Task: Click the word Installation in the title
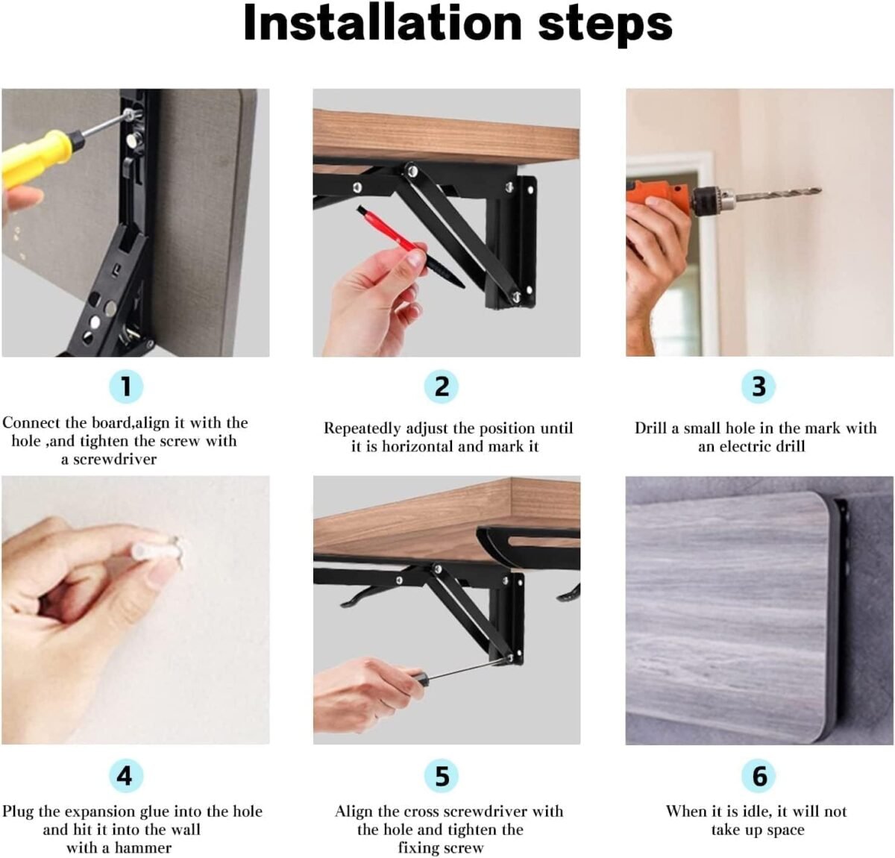[x=383, y=23]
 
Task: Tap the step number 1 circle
[x=126, y=386]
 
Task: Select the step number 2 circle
[x=441, y=386]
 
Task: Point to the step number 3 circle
[x=759, y=386]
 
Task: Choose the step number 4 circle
[x=126, y=776]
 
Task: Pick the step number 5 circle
[x=441, y=776]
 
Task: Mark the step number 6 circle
[x=759, y=776]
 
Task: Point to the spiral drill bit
[x=778, y=194]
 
